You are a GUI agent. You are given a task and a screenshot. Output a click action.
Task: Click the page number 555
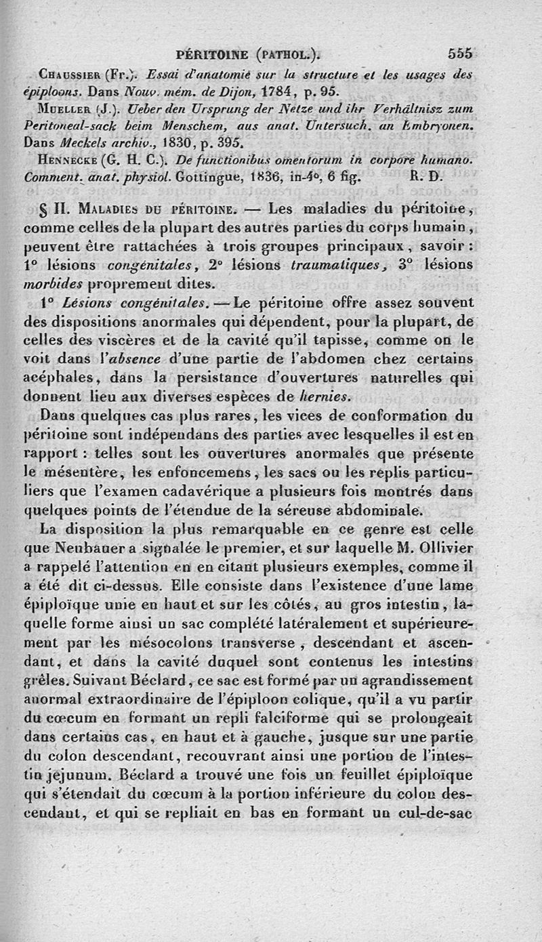click(x=460, y=54)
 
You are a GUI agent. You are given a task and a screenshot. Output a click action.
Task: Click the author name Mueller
click(x=66, y=109)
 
